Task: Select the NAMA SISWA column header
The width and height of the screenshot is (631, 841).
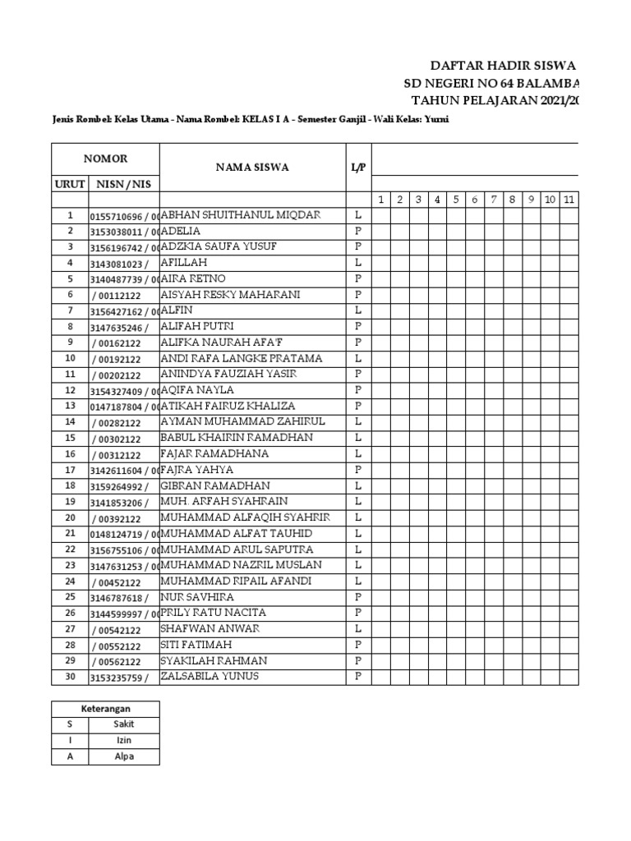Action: coord(252,168)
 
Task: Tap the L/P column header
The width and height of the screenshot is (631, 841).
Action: coord(358,168)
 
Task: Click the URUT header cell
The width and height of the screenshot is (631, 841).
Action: coord(70,184)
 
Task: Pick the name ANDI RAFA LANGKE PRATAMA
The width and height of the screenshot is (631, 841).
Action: coord(241,359)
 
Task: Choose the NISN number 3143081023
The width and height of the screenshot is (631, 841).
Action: coord(119,264)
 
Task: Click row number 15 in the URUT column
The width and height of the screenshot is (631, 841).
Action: coord(70,439)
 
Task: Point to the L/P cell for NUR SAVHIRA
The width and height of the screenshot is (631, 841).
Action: coord(358,597)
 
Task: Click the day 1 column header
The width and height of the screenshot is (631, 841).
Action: coord(381,200)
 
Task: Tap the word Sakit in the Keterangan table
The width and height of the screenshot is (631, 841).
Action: coord(124,724)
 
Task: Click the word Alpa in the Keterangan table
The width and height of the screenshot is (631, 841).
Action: coord(124,756)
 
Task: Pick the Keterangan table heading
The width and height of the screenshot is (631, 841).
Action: coord(105,708)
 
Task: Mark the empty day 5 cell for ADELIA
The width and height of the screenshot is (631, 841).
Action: coord(457,232)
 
